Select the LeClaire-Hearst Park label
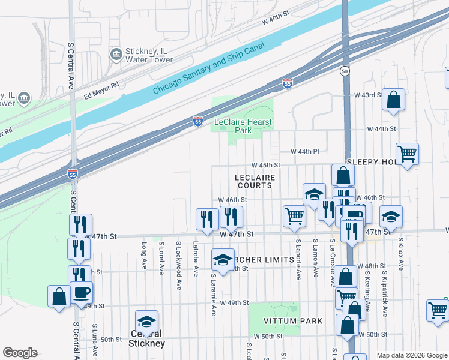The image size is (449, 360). point(243,126)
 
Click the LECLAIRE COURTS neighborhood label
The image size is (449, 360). point(254,181)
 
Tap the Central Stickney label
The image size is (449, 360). point(146,338)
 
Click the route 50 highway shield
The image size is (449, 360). point(344,71)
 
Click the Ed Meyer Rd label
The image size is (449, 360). point(101,88)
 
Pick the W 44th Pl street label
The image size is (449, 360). point(304,152)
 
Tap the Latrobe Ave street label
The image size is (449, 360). point(196,259)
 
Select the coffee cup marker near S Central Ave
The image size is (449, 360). point(82,292)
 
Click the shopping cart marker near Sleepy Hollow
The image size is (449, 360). point(407,154)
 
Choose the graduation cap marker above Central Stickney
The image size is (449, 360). point(146,321)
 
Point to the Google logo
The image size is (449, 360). point(20,353)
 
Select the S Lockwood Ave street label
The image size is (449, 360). point(179,256)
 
